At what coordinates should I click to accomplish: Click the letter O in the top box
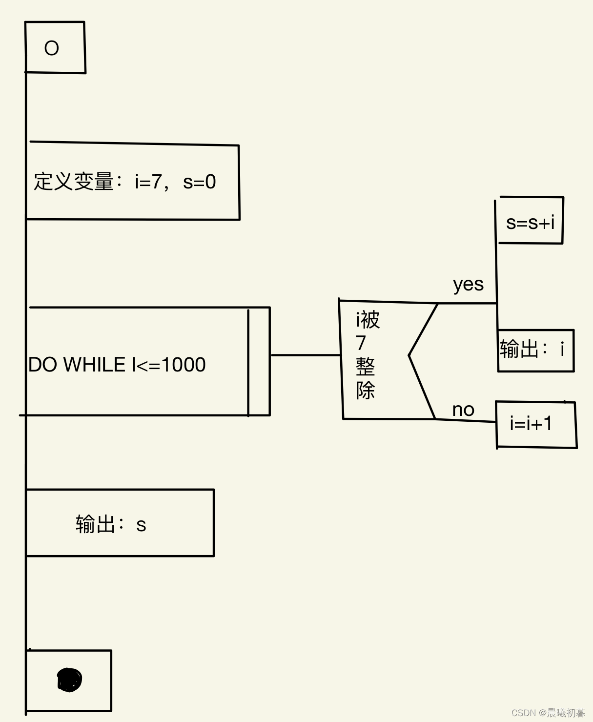tap(51, 48)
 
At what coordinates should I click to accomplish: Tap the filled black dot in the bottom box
tap(69, 680)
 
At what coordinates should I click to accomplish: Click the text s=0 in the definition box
tap(199, 182)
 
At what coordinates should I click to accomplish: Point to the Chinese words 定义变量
tap(74, 182)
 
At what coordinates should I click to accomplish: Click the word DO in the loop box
tap(42, 365)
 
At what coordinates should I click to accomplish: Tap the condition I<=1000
tap(168, 365)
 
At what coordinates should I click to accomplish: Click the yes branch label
tap(468, 284)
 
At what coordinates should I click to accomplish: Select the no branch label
tap(463, 410)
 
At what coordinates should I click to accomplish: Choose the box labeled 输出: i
tap(535, 350)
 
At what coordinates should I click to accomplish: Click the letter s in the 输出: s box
tap(141, 525)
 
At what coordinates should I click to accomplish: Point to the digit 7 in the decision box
tap(361, 343)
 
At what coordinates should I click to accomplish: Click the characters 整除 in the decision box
tap(365, 378)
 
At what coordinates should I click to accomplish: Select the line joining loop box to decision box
tap(305, 355)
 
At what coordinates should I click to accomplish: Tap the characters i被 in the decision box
tap(368, 320)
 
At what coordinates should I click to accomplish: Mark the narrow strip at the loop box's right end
tap(259, 361)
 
